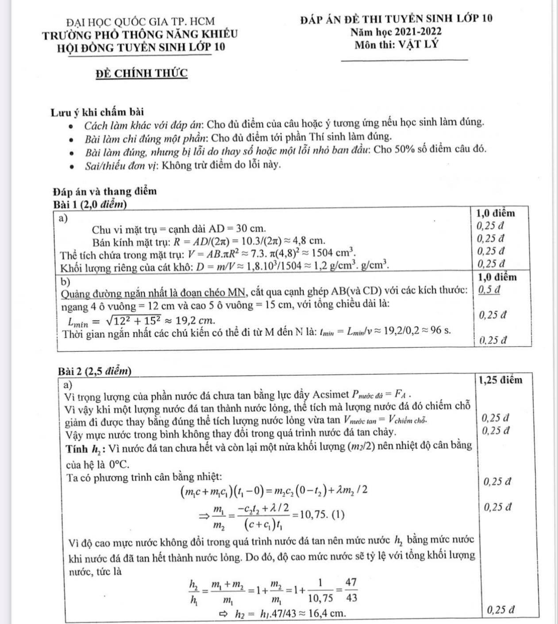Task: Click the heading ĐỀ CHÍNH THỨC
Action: [x=142, y=73]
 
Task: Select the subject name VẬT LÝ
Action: [x=418, y=45]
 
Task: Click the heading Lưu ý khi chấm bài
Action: [x=97, y=112]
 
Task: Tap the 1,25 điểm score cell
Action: [x=500, y=380]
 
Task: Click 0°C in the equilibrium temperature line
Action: [x=119, y=464]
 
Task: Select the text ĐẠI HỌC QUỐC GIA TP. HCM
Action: [x=140, y=21]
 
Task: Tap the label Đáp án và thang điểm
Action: [x=104, y=192]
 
